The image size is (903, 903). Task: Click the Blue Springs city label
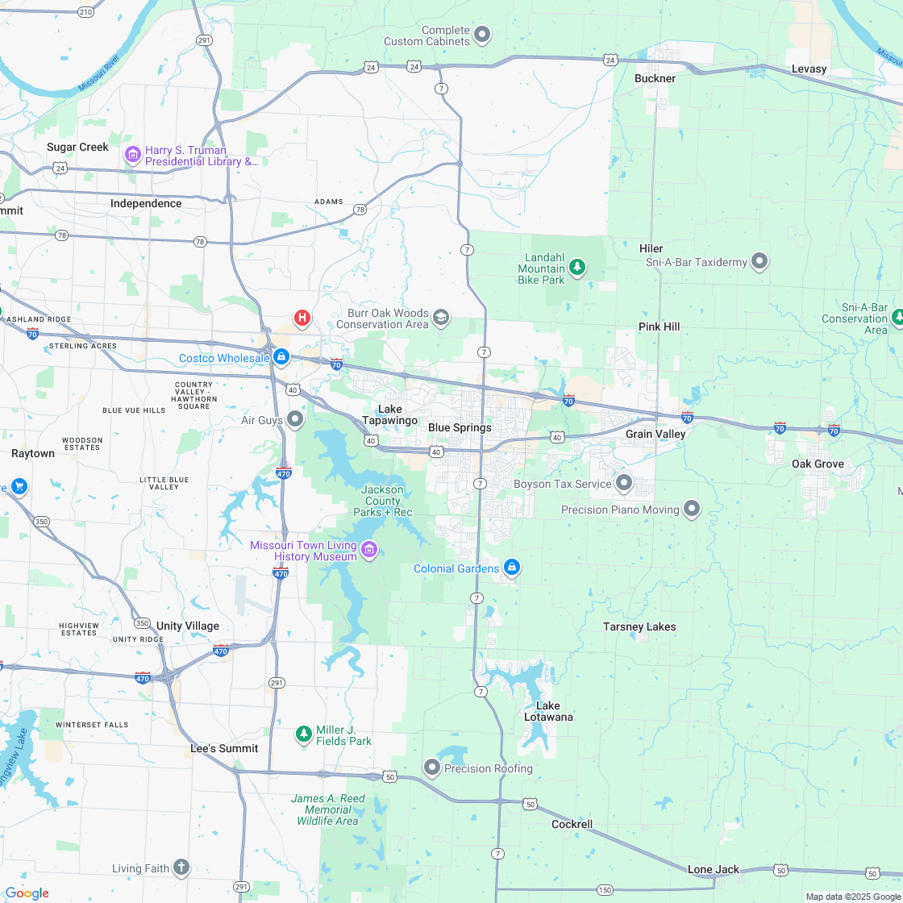(x=460, y=427)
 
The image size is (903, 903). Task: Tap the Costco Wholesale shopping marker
(x=281, y=356)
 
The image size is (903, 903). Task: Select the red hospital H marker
(x=302, y=318)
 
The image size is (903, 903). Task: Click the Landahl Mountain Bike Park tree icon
(x=576, y=266)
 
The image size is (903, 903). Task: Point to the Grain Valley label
(x=655, y=434)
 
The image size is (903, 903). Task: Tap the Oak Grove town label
(x=818, y=464)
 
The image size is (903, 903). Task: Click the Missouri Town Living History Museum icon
(x=369, y=550)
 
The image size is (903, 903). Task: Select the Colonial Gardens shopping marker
(x=511, y=568)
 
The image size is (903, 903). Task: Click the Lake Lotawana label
(x=548, y=711)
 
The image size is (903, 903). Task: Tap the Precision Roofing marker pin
(x=432, y=768)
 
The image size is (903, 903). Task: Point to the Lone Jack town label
(x=713, y=869)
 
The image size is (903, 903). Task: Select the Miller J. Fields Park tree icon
(x=303, y=734)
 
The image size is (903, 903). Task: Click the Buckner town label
(x=655, y=78)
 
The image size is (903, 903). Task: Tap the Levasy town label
(x=809, y=69)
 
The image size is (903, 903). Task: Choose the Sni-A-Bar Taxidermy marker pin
(x=759, y=260)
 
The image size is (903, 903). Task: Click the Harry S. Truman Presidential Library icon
(x=132, y=154)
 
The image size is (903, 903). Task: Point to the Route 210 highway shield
(x=85, y=12)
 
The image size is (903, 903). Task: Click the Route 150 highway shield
(x=605, y=889)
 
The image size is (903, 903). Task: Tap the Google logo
(x=27, y=893)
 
